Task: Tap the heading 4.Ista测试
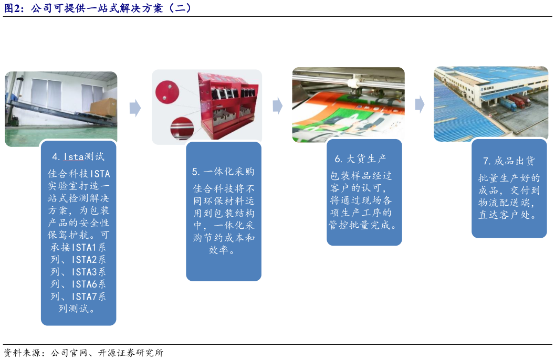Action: tap(78, 156)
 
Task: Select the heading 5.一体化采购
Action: tap(223, 172)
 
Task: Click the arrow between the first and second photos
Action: tap(135, 108)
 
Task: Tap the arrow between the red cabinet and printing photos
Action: tap(277, 107)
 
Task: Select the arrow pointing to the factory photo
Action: tap(420, 104)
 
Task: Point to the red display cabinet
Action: tap(226, 108)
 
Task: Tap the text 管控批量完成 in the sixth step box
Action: tap(363, 226)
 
